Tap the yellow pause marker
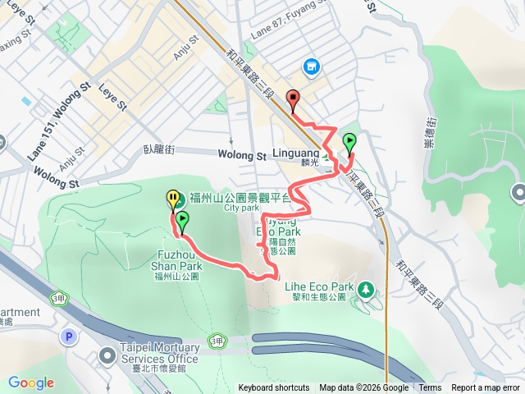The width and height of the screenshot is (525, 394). coord(172,198)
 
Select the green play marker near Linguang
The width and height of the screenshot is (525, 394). coord(349,141)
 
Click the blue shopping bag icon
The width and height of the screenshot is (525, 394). coord(311,66)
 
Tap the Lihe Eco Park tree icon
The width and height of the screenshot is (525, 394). coord(366,288)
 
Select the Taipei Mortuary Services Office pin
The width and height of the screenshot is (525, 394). coord(107,355)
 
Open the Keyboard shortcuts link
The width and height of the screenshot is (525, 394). coord(274,388)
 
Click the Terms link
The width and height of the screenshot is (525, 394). coord(430,388)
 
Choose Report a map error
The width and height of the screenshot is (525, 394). coord(486,388)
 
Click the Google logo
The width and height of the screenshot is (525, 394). coord(31,383)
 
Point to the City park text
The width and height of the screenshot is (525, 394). coord(240,208)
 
